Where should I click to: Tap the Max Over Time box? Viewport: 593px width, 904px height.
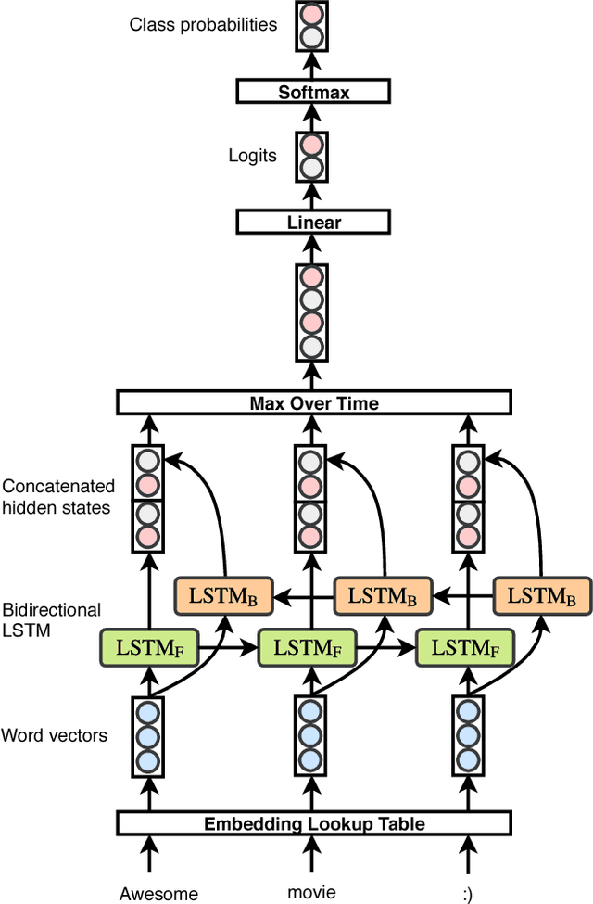(x=313, y=402)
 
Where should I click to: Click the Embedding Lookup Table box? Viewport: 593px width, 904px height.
(x=313, y=822)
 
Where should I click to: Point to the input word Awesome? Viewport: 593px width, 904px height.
(x=158, y=894)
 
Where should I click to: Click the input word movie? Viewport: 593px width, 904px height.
(x=312, y=892)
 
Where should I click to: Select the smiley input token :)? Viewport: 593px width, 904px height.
(x=467, y=894)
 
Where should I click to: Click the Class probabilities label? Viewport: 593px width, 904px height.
(x=203, y=24)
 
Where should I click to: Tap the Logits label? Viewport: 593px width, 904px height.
(x=252, y=155)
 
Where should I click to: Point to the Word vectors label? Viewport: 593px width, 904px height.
(x=55, y=735)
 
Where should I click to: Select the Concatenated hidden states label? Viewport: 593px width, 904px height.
(x=58, y=497)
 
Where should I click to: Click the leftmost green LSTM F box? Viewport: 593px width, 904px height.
(x=148, y=647)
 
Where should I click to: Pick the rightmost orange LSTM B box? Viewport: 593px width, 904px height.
(x=541, y=594)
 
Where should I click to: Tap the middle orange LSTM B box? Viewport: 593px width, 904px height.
(x=382, y=594)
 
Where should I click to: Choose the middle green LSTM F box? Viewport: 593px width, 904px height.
(x=308, y=647)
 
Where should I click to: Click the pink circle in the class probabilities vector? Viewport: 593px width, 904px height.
(x=311, y=15)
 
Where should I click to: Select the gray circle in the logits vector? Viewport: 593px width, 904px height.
(x=311, y=168)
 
